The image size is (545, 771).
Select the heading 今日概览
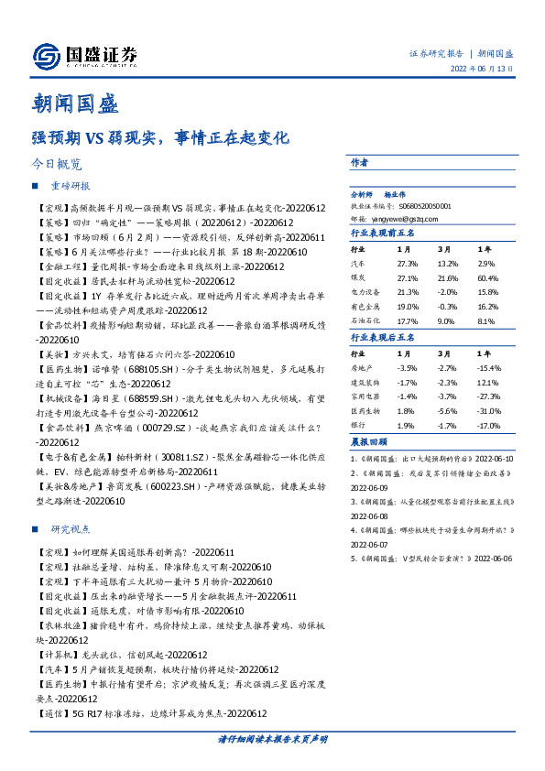click(x=57, y=165)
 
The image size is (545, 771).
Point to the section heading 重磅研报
click(x=71, y=185)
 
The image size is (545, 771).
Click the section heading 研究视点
click(x=71, y=529)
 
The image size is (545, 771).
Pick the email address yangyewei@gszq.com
click(x=413, y=219)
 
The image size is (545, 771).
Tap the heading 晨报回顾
click(x=368, y=441)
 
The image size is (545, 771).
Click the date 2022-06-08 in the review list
click(x=369, y=516)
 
